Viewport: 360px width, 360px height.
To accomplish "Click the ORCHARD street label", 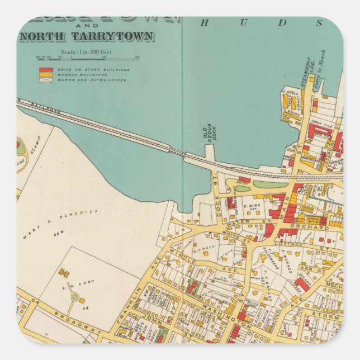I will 316,228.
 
